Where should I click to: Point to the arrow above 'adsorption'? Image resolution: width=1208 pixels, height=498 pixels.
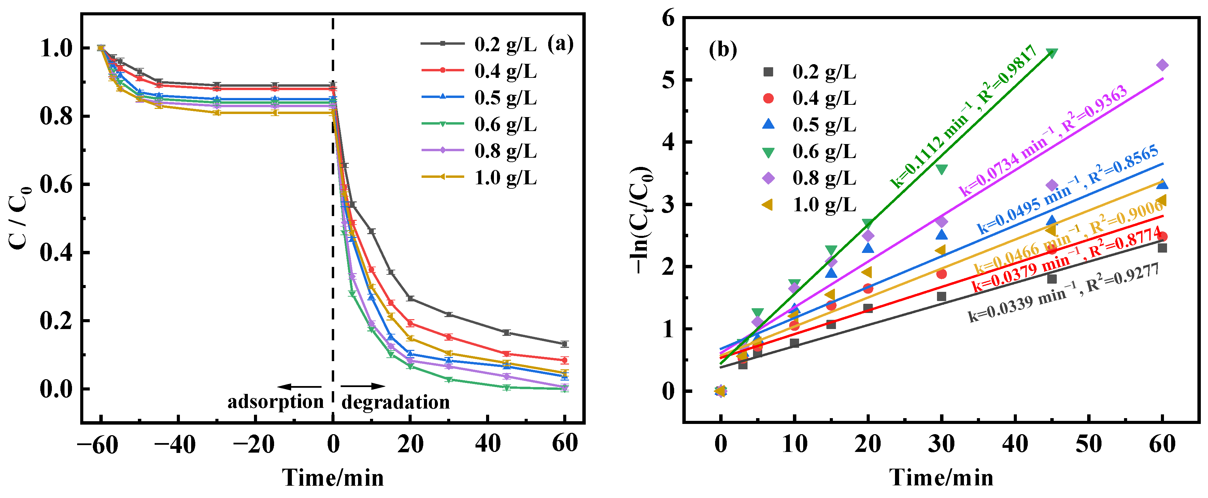click(299, 387)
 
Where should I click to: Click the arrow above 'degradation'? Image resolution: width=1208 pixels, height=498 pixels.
click(363, 386)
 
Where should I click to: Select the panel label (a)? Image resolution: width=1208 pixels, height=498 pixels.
click(560, 45)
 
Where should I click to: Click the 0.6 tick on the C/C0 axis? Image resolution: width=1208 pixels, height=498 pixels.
click(57, 184)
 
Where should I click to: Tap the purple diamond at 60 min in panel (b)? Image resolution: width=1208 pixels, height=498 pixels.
click(1162, 65)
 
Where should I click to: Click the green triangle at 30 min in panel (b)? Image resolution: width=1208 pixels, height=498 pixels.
click(941, 169)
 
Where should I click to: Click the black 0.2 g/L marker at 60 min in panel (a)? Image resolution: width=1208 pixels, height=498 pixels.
click(564, 344)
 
